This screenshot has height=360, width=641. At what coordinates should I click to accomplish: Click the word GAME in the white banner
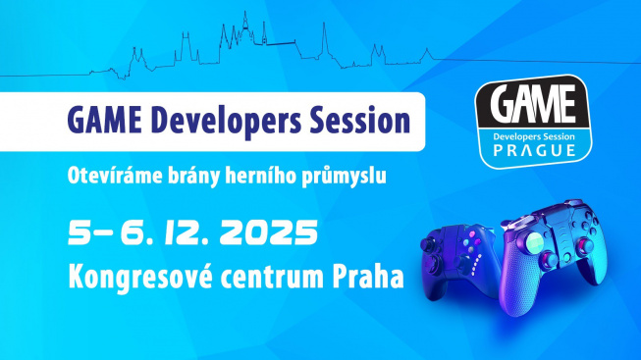pos(107,123)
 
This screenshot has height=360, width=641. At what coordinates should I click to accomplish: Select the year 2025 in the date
pos(267,233)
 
